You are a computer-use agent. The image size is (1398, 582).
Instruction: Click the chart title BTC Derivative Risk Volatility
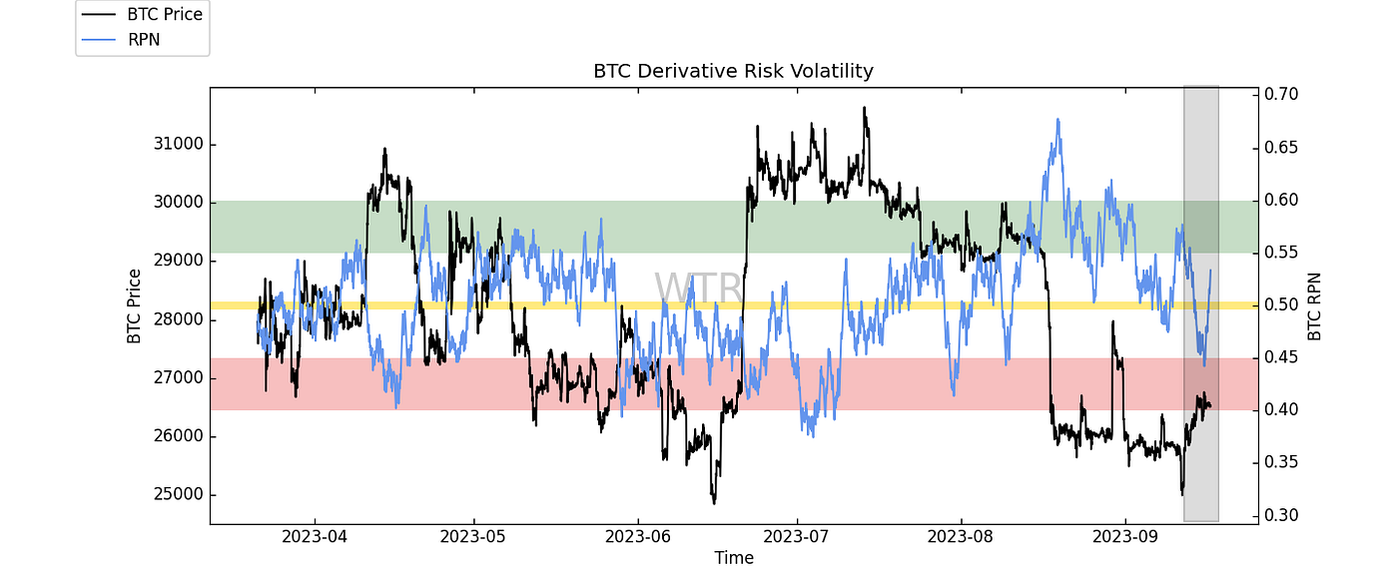[733, 71]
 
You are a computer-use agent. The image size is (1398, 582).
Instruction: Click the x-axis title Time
[733, 559]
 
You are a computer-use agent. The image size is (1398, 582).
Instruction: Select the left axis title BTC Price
[134, 304]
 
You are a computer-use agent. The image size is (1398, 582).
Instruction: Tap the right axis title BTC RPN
[1315, 304]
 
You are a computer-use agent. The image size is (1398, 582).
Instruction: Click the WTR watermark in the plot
[698, 288]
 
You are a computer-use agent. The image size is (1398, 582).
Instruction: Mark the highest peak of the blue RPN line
[1056, 120]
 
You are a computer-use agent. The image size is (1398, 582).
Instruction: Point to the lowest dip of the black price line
[715, 502]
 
